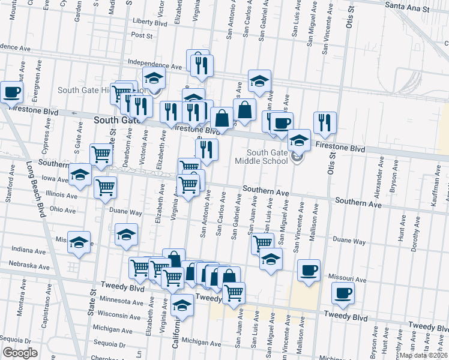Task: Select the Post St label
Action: (142, 35)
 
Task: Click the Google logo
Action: (20, 353)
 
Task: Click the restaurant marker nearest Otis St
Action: (325, 122)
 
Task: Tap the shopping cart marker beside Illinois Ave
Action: (106, 187)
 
